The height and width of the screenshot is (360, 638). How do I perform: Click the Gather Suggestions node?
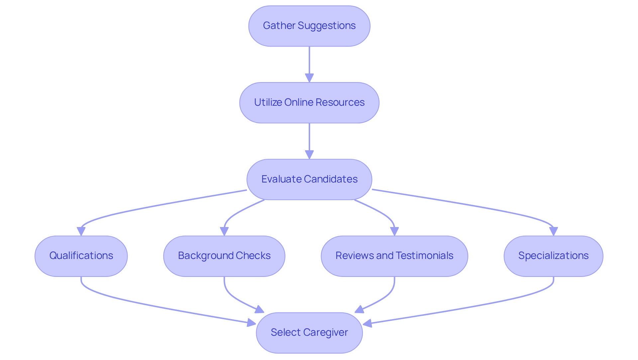[309, 26]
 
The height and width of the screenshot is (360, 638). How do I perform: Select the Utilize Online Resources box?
[309, 103]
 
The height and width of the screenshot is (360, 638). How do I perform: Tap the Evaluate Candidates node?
[309, 180]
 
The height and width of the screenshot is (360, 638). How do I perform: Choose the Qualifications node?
[81, 256]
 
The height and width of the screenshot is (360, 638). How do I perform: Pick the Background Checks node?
[224, 256]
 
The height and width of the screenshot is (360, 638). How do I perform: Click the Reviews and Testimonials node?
[394, 256]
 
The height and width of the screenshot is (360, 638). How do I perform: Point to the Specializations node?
[553, 256]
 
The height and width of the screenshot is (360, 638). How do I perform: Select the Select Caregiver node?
[309, 332]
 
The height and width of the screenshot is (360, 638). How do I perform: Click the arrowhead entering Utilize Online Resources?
[309, 78]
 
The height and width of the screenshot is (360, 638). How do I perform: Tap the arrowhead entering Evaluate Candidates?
[309, 155]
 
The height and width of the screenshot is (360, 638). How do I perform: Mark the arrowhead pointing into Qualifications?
[81, 231]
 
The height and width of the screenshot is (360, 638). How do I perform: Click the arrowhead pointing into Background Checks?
[224, 231]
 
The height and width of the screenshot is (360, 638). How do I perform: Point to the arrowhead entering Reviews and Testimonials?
[394, 231]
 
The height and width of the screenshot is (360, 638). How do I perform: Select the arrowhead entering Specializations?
[553, 231]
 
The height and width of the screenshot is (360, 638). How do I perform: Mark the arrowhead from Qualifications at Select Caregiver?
[252, 322]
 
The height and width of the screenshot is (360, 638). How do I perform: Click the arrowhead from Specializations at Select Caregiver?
[368, 323]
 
